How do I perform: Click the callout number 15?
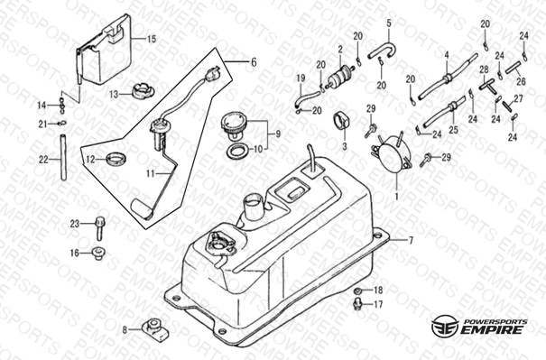pos(152,39)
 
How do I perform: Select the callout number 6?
pos(254,62)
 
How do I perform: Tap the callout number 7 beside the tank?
pos(411,240)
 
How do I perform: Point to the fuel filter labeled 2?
pos(339,75)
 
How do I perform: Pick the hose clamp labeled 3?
pos(342,120)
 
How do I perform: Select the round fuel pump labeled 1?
pos(392,154)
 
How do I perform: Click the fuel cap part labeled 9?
pos(234,125)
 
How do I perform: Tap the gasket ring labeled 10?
pos(238,151)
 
